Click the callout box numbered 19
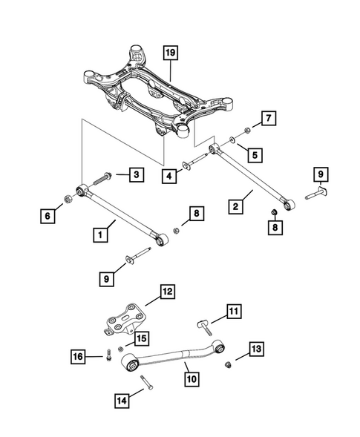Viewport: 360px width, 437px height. (171, 53)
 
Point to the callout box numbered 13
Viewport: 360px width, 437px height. (255, 349)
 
